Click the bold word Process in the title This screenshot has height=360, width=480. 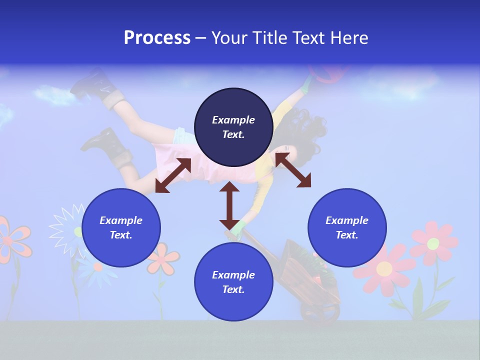(157, 38)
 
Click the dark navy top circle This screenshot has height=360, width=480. (233, 127)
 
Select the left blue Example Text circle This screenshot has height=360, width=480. (121, 227)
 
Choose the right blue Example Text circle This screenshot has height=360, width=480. (347, 227)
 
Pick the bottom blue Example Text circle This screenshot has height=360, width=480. (233, 282)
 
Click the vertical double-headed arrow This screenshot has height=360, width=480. (229, 205)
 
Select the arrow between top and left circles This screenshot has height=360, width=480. (173, 175)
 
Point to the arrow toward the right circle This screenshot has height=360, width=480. (293, 170)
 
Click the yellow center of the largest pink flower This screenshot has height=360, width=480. (384, 269)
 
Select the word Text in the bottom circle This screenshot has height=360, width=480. (233, 289)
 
